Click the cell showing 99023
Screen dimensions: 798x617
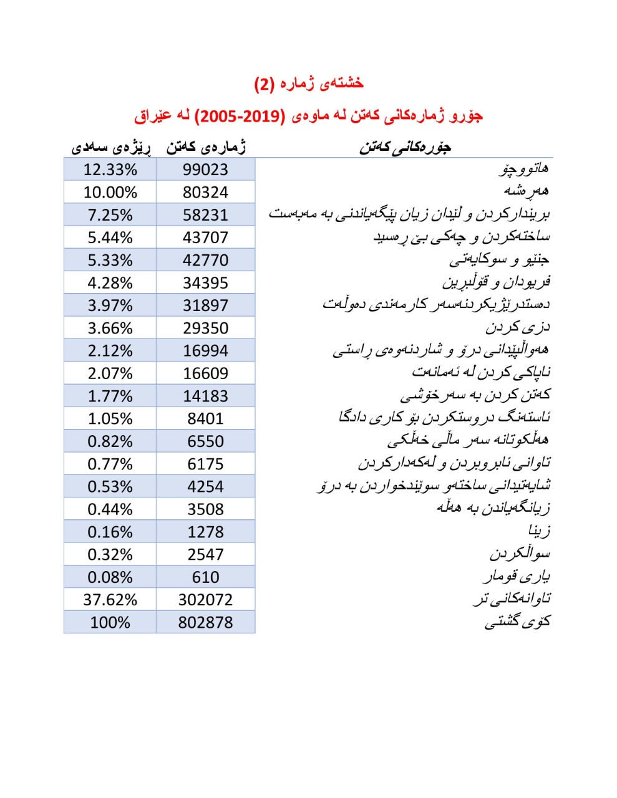(205, 170)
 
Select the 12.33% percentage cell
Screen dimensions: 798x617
(110, 170)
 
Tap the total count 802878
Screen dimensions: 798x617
(205, 622)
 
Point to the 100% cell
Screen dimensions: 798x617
(110, 622)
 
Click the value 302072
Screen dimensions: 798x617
(205, 600)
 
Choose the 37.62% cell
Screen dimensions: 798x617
(110, 600)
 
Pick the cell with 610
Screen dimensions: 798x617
(205, 577)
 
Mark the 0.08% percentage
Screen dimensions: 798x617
(110, 577)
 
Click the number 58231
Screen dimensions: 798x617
(205, 215)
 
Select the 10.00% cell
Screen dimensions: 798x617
(110, 192)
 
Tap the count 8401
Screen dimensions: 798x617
(205, 418)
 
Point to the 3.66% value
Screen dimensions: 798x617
(110, 328)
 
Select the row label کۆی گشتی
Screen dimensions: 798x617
(517, 622)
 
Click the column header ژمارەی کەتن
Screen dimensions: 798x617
(206, 147)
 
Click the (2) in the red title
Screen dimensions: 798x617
(264, 84)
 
